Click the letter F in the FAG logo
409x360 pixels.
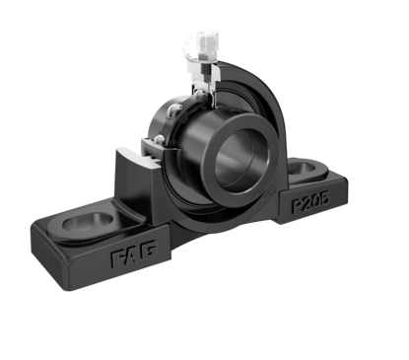pos(117,259)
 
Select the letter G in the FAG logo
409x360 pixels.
pos(149,250)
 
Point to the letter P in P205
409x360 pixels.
pos(298,206)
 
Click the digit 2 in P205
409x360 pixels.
pos(308,203)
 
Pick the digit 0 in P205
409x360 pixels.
pos(316,200)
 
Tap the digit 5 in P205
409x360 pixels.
pos(323,197)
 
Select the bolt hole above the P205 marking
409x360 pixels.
pos(304,168)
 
